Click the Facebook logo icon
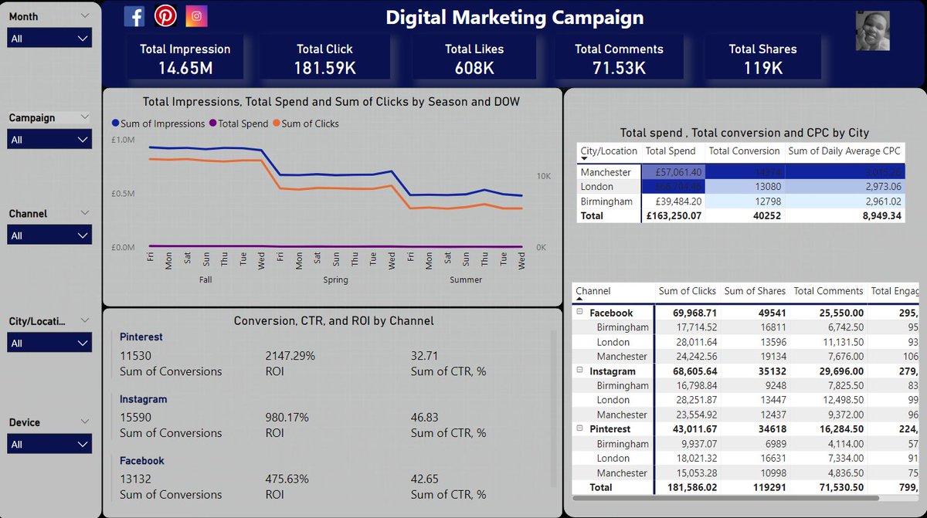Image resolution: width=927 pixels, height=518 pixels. (x=134, y=16)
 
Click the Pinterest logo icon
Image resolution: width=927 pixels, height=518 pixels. (x=165, y=16)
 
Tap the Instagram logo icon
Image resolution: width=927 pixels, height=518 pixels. (x=196, y=16)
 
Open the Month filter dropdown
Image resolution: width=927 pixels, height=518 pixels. (x=49, y=38)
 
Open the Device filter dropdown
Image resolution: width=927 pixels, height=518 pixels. (x=49, y=444)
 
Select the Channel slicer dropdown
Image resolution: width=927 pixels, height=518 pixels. (x=49, y=235)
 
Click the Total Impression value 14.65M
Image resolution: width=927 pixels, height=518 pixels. (x=185, y=68)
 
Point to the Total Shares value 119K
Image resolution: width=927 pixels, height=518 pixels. (x=762, y=68)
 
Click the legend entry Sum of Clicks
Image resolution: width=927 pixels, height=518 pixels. (x=310, y=124)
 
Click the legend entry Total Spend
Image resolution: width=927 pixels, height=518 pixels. (x=243, y=124)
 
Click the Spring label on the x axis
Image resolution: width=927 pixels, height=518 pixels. (x=335, y=280)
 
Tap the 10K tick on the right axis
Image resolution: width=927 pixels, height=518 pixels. (x=543, y=176)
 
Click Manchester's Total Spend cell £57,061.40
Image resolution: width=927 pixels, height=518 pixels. (x=673, y=172)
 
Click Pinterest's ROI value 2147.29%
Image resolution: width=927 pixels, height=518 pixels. (x=287, y=356)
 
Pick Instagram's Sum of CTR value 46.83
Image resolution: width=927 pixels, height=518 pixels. (x=426, y=418)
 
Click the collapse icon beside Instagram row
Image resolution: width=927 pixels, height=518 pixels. (x=579, y=371)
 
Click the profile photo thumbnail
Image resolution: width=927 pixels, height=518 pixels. (x=872, y=31)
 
